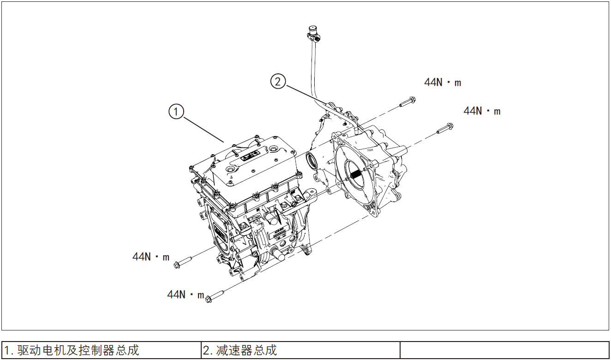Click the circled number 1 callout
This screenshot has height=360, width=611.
coord(176,112)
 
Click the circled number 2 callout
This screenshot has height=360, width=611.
coord(277,82)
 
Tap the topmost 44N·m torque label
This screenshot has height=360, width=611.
coord(443,83)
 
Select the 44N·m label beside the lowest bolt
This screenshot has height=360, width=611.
coord(186,294)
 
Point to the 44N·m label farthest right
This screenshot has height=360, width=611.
coord(482,111)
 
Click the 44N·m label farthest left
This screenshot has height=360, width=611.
coord(151,257)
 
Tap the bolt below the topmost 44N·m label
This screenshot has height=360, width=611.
coord(407,102)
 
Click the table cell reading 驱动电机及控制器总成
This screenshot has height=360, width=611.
coord(102,350)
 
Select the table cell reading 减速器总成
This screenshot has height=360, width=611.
coord(300,350)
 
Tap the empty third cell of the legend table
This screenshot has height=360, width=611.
coord(504,350)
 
